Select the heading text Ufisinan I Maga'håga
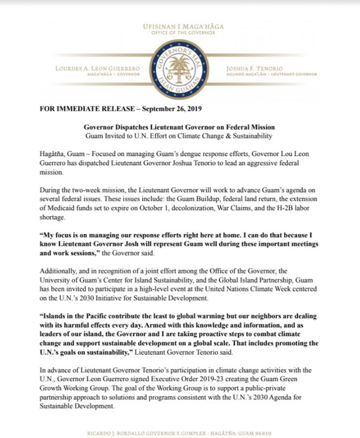tap(184, 26)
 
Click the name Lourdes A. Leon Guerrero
tap(97, 68)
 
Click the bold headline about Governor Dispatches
tap(179, 127)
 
